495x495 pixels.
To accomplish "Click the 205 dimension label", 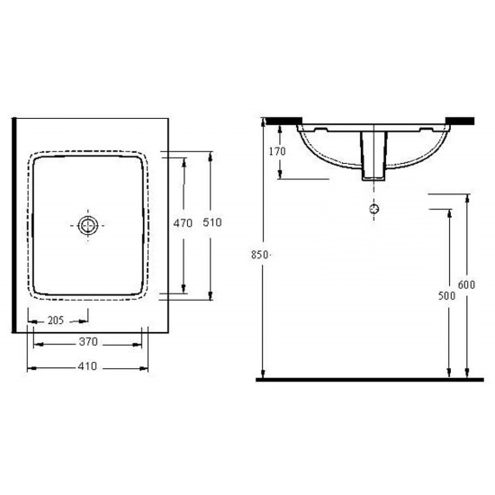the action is pyautogui.click(x=56, y=320).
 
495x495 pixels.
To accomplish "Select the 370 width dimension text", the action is pyautogui.click(x=88, y=342).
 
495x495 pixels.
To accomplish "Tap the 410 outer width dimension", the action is pyautogui.click(x=87, y=366).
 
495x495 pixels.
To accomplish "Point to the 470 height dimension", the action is pyautogui.click(x=183, y=223).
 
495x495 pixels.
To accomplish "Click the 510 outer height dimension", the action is pyautogui.click(x=212, y=222).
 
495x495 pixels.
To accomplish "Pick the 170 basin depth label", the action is pyautogui.click(x=277, y=151).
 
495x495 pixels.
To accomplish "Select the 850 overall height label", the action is pyautogui.click(x=259, y=255).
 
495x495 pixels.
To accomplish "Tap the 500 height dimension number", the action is pyautogui.click(x=446, y=296).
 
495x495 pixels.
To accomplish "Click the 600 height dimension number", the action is pyautogui.click(x=466, y=284).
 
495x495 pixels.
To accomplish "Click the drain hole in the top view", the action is pyautogui.click(x=88, y=225).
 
